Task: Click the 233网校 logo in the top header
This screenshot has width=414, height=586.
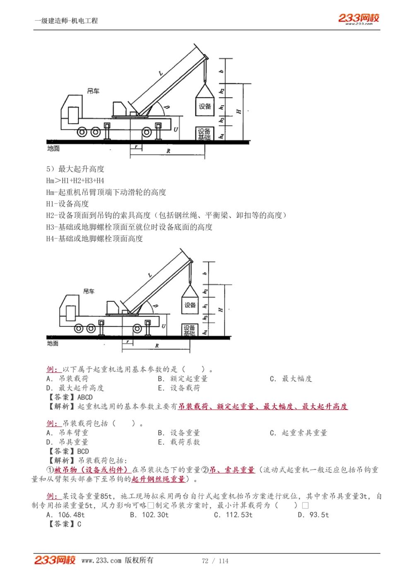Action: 359,18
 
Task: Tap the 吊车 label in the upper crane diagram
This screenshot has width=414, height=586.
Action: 93,91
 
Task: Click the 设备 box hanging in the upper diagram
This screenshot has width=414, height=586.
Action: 205,106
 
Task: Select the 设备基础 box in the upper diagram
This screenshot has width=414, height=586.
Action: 204,134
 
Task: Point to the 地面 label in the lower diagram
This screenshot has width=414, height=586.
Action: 53,343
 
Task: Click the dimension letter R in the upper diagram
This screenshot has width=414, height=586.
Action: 168,151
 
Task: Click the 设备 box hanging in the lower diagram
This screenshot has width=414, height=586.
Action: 190,305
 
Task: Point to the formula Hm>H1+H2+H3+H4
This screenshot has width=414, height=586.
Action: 75,181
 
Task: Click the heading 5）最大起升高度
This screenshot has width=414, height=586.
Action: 75,169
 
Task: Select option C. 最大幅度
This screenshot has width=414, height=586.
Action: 291,379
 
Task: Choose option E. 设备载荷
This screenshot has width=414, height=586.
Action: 179,388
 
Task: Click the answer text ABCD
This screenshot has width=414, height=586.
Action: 85,397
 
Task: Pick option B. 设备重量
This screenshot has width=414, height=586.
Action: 179,433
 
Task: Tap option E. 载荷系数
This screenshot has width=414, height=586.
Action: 179,442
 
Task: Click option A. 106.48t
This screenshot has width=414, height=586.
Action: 65,515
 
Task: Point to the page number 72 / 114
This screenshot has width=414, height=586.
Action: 215,561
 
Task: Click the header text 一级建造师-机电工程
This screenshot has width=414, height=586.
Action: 66,21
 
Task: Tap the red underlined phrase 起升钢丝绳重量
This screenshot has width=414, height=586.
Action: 158,479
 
